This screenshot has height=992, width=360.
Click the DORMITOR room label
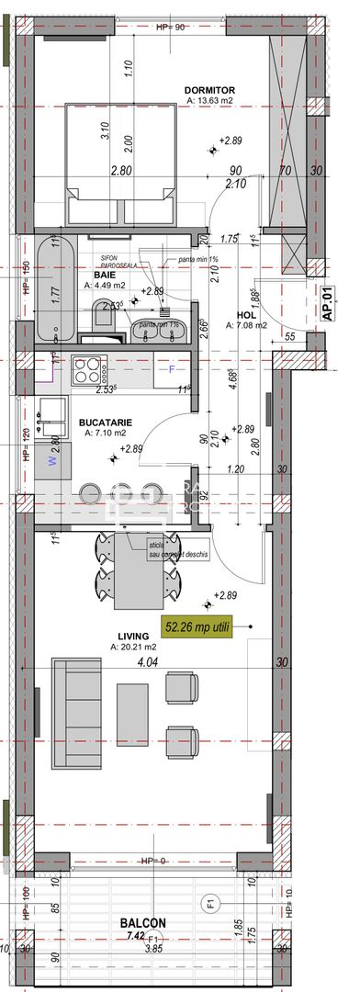point(211,90)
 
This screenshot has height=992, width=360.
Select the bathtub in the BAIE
point(55,289)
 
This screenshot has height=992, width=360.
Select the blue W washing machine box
point(52,462)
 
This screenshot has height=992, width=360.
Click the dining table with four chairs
point(139,570)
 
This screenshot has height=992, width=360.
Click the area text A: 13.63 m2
point(211,102)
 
